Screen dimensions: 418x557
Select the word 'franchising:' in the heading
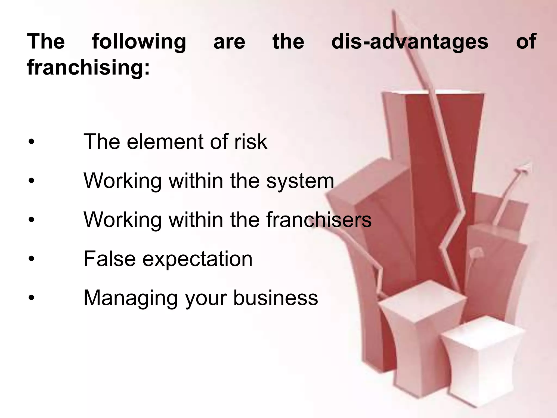click(88, 67)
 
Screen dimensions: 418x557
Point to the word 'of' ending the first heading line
click(526, 42)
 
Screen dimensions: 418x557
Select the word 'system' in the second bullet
click(300, 181)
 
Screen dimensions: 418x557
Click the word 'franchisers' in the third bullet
click(319, 220)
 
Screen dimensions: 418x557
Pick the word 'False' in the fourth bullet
click(110, 259)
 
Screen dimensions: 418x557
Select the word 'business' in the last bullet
click(276, 298)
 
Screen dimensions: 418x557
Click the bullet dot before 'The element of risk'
click(32, 142)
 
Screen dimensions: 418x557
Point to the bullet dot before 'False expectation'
click(32, 259)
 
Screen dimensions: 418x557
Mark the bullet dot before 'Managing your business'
click(32, 298)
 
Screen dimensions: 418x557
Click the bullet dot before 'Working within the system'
click(32, 181)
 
